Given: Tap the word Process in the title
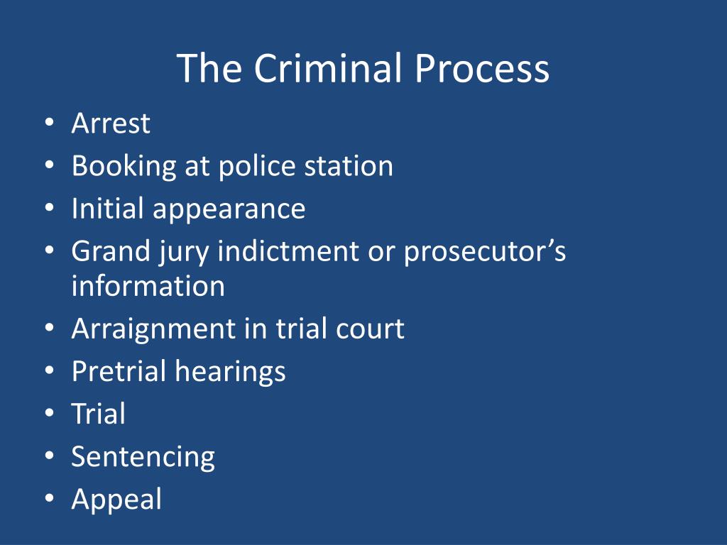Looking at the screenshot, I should tap(482, 69).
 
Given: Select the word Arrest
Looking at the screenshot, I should tap(111, 123).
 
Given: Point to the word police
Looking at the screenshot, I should tap(256, 166).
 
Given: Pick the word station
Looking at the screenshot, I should tap(348, 166).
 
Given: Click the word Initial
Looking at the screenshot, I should tap(107, 209).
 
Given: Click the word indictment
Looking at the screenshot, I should tap(290, 251).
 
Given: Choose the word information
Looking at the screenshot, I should tap(148, 286).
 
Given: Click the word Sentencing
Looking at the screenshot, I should tap(143, 457).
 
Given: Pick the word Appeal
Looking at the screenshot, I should tap(116, 500).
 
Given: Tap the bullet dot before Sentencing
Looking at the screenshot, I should tap(48, 456).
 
